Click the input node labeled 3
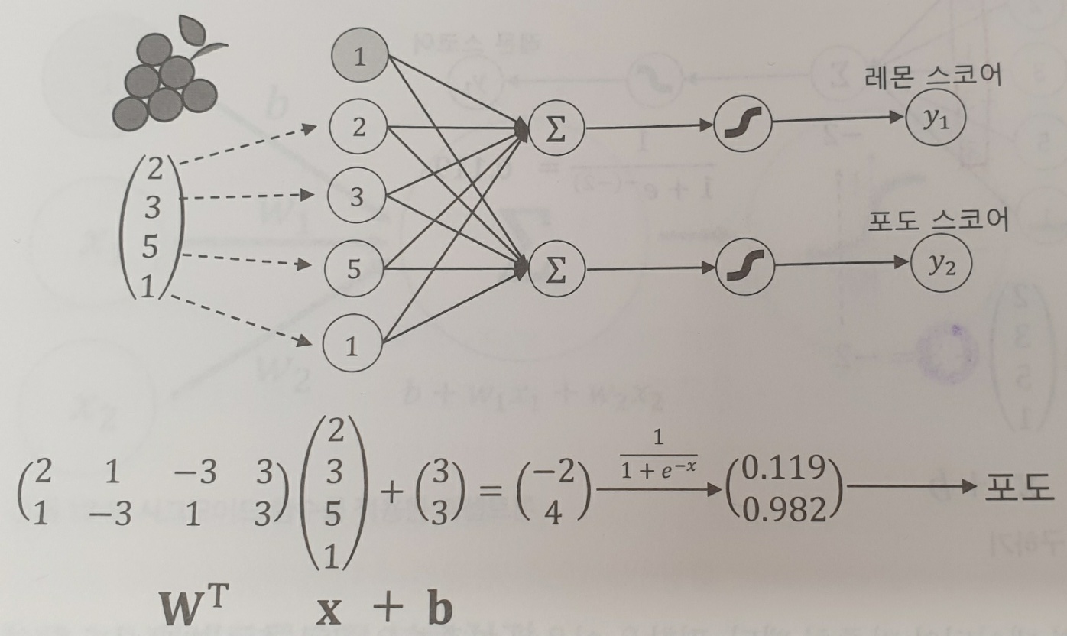[x=356, y=196]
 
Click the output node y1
[x=935, y=121]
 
